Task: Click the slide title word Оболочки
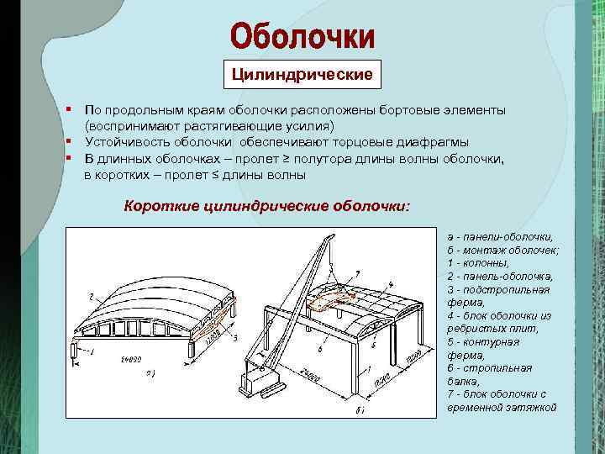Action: (302, 36)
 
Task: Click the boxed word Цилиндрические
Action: (302, 75)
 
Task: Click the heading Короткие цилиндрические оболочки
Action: (267, 205)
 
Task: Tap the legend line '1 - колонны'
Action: (478, 263)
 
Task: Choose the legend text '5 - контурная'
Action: (483, 341)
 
